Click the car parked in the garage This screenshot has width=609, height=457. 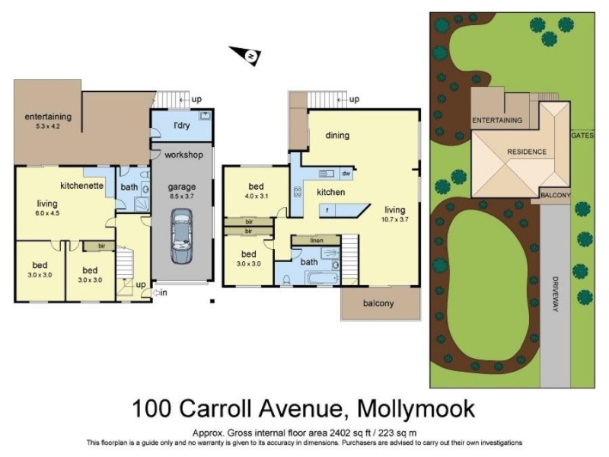[181, 238]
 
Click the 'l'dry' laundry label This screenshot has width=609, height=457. [181, 125]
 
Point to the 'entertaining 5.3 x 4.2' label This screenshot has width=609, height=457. [48, 120]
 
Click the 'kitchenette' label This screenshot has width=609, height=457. [81, 185]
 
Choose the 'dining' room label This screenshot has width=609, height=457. [337, 136]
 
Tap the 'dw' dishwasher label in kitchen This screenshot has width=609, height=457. [346, 173]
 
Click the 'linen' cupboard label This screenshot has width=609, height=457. [316, 241]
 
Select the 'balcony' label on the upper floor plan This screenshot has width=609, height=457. [378, 304]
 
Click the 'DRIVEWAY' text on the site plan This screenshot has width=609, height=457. [556, 294]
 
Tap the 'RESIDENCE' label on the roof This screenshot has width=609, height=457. [527, 152]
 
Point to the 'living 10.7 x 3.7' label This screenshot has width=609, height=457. [394, 214]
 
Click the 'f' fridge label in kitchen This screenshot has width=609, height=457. [327, 209]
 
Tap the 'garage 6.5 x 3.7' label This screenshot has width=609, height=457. [181, 190]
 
